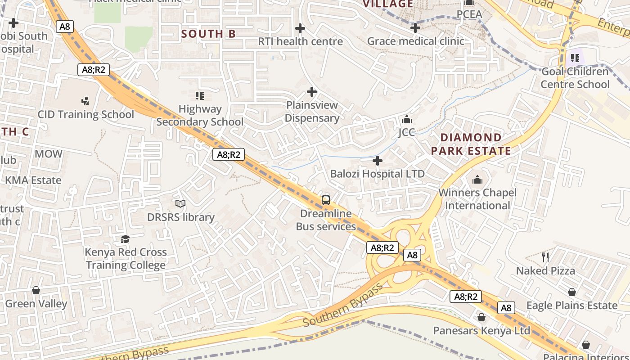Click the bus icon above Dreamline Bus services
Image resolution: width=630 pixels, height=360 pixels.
pyautogui.click(x=326, y=200)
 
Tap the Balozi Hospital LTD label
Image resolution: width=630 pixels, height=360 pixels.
pyautogui.click(x=377, y=174)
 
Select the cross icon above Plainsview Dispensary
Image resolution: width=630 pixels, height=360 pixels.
pyautogui.click(x=311, y=92)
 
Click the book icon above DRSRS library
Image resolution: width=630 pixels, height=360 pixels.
pyautogui.click(x=180, y=204)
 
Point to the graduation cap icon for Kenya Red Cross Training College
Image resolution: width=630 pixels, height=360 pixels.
pyautogui.click(x=126, y=239)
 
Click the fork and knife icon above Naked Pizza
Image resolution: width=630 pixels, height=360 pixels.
pyautogui.click(x=545, y=257)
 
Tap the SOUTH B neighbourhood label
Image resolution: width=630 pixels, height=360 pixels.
pyautogui.click(x=208, y=34)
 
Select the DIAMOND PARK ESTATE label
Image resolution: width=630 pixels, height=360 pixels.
pyautogui.click(x=471, y=144)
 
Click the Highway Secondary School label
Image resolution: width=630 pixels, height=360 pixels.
pyautogui.click(x=200, y=115)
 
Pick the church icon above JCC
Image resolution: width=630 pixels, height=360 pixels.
pyautogui.click(x=407, y=119)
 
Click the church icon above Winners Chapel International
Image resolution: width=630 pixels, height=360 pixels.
pyautogui.click(x=477, y=180)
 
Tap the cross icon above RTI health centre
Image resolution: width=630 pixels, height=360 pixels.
pyautogui.click(x=300, y=29)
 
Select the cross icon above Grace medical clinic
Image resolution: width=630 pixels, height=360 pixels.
pyautogui.click(x=415, y=28)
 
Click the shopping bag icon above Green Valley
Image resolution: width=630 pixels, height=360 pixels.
pyautogui.click(x=36, y=290)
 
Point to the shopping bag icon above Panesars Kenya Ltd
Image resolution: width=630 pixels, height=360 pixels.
pyautogui.click(x=481, y=318)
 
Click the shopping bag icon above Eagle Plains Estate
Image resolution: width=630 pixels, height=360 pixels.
pyautogui.click(x=571, y=292)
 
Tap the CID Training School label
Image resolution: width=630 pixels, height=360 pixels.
pyautogui.click(x=85, y=114)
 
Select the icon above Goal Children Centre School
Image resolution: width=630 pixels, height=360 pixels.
pyautogui.click(x=575, y=58)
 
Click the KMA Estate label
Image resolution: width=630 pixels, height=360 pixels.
pyautogui.click(x=33, y=180)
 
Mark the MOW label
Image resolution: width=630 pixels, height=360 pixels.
pyautogui.click(x=49, y=154)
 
